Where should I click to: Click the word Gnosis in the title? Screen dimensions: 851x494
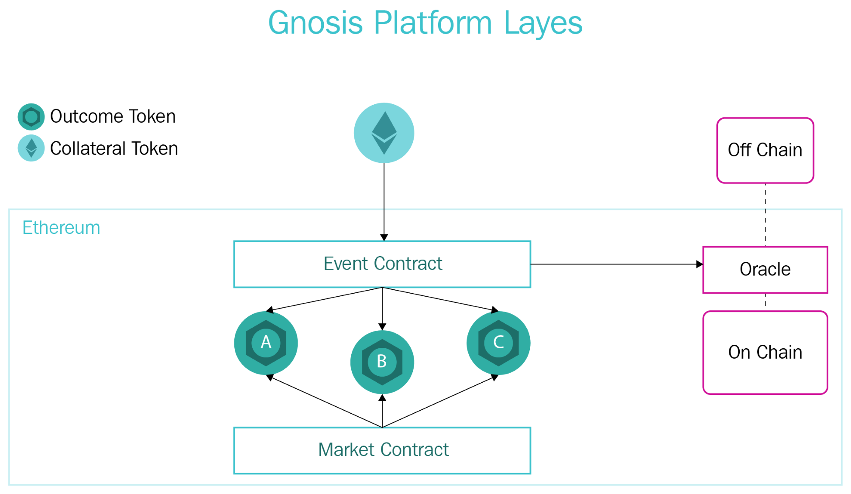click(x=316, y=23)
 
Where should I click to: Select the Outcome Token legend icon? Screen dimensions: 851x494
click(x=31, y=117)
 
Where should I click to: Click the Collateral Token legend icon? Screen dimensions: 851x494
click(x=31, y=148)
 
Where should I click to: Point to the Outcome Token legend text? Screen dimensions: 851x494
click(x=113, y=117)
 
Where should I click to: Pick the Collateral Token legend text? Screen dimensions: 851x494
click(x=114, y=148)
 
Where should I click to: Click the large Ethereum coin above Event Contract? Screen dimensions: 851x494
click(x=384, y=133)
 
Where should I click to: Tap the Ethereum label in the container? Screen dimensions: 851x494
click(x=61, y=228)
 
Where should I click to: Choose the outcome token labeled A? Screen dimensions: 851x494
click(x=266, y=343)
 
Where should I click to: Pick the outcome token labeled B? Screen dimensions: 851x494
click(x=382, y=362)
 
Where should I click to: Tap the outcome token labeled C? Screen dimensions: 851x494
click(x=498, y=343)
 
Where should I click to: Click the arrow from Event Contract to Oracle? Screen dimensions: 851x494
click(x=617, y=264)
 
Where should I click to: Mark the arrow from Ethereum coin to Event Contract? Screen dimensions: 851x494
click(x=384, y=202)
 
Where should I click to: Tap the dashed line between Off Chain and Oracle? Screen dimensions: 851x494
click(x=765, y=215)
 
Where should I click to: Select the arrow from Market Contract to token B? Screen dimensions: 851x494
click(x=382, y=411)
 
